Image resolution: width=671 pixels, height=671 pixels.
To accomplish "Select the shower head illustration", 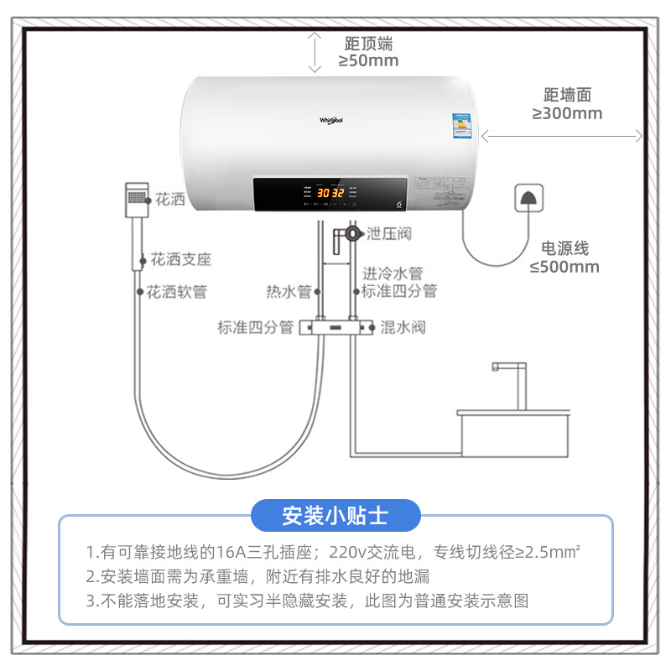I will pos(137,200).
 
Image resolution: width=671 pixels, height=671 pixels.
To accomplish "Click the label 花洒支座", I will pos(180,259).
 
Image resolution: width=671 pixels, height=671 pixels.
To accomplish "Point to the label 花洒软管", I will pos(176,293).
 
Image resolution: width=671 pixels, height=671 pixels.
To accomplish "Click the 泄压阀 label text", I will pos(389,234).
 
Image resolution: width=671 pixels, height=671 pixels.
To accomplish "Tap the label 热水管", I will pos(289,292).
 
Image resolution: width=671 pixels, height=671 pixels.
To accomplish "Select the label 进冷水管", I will pos(392,273).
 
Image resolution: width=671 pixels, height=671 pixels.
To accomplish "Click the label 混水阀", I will pos(403,326).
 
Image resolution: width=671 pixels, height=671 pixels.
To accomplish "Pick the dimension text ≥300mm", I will pos(567,113).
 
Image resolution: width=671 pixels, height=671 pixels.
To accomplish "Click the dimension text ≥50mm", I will pos(368,60).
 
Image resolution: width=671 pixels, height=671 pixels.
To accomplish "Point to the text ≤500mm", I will pos(564,267).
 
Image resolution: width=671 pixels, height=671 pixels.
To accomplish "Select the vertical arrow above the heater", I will pos(315,52).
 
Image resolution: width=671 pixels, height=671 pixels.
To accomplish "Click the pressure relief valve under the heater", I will pos(351,232).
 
